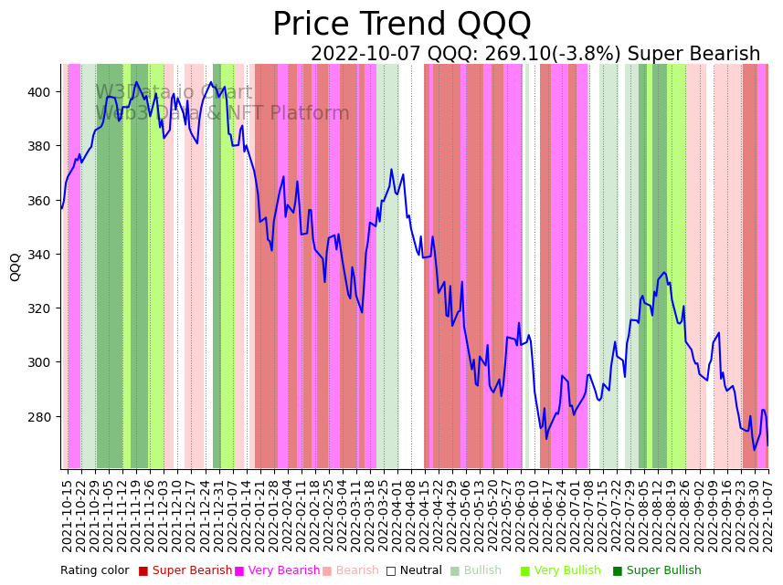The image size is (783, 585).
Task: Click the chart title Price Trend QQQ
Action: (x=401, y=25)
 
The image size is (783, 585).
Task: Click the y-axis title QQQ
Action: (x=16, y=266)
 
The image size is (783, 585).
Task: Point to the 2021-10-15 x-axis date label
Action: (x=67, y=516)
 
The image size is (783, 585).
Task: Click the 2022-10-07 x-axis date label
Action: (x=768, y=516)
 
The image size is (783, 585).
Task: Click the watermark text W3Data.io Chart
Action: (x=174, y=93)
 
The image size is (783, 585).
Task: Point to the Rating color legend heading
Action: (x=95, y=571)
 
